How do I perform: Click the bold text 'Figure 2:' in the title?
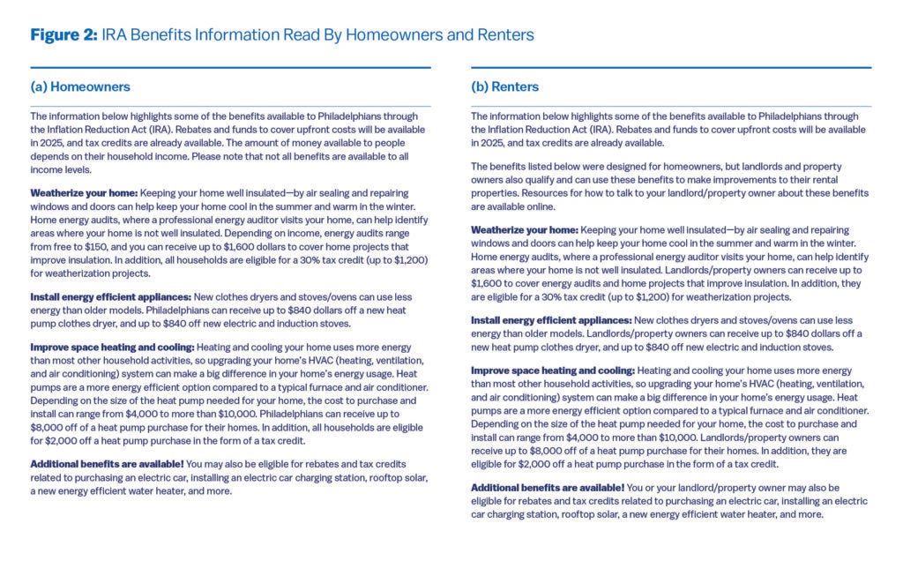[63, 35]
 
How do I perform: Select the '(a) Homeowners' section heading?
[80, 86]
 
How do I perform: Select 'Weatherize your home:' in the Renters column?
[525, 229]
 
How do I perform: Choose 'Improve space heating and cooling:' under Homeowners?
[112, 347]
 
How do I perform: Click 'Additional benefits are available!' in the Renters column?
[548, 487]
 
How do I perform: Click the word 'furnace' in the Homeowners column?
[329, 388]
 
